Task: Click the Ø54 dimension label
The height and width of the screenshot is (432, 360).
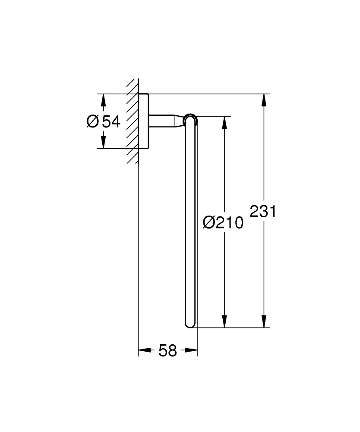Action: coord(104,121)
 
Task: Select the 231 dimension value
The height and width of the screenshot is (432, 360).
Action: coord(262,212)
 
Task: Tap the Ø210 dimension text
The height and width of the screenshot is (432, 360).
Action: coord(223,222)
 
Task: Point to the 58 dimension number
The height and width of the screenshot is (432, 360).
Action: coord(167,351)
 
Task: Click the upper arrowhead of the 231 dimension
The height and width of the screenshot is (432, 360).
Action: coord(264,100)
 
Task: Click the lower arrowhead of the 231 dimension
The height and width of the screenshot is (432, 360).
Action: coord(264,321)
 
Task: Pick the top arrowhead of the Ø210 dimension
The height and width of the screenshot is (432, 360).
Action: coord(224,123)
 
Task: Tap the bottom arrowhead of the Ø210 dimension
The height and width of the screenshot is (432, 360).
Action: coord(224,321)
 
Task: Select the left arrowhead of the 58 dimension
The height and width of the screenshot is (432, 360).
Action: coord(145,350)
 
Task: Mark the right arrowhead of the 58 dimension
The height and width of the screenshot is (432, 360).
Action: coord(191,350)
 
